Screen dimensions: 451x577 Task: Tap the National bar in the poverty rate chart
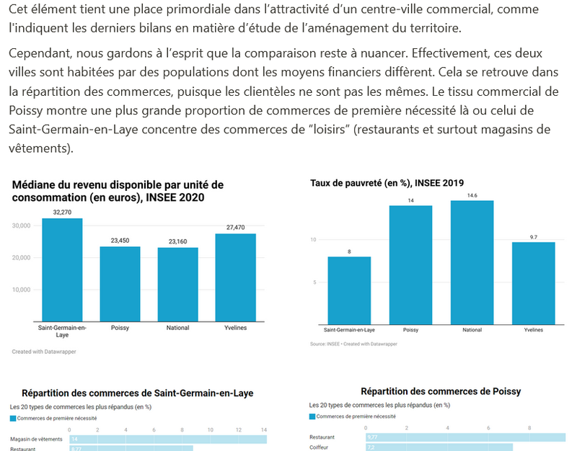click(472, 262)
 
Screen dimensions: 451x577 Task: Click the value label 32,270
click(62, 213)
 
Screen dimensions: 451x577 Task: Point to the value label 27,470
click(235, 228)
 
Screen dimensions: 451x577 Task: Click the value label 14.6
click(472, 195)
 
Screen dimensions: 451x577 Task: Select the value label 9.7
click(534, 237)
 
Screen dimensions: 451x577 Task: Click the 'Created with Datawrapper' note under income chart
click(44, 352)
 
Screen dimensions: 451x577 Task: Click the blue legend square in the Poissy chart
click(312, 416)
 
